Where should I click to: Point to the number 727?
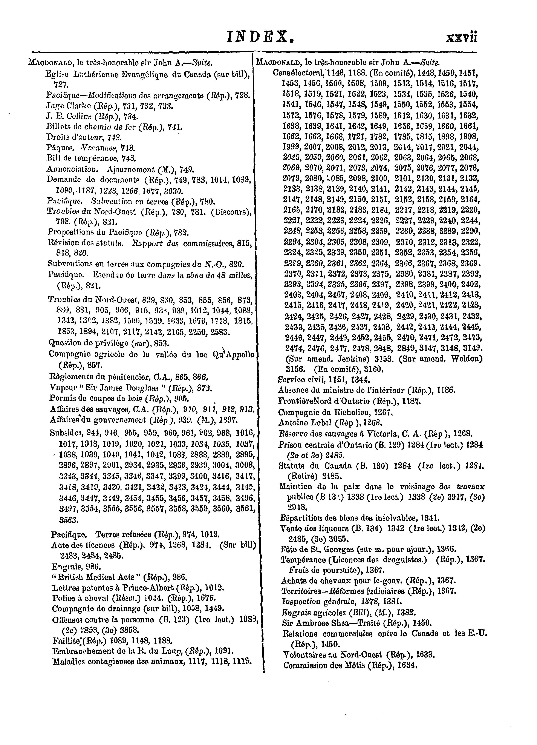pyautogui.click(x=61, y=85)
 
